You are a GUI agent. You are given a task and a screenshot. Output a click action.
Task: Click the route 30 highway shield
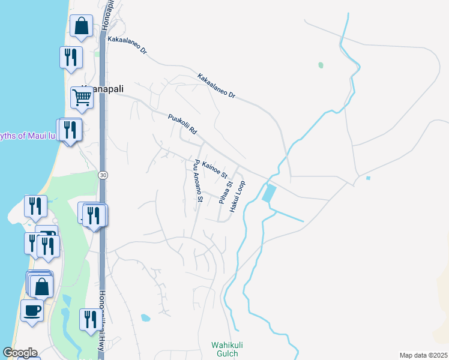(103, 175)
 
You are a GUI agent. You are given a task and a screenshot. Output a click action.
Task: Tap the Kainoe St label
(215, 170)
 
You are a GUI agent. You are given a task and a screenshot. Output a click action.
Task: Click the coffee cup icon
(32, 311)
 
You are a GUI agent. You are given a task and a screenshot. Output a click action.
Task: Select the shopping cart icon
(82, 97)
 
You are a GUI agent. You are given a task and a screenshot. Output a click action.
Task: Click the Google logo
(19, 353)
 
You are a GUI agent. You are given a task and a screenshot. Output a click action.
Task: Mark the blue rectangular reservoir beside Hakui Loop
(270, 193)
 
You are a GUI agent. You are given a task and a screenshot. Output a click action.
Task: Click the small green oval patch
(321, 65)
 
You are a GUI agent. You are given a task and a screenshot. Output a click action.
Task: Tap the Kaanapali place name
(105, 88)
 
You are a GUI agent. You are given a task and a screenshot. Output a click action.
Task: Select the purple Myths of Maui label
(28, 136)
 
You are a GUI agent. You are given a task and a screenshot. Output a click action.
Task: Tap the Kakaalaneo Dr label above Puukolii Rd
(217, 86)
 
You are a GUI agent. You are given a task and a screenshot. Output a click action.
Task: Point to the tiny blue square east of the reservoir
(368, 178)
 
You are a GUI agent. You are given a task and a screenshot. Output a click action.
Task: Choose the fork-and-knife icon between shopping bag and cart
(71, 58)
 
